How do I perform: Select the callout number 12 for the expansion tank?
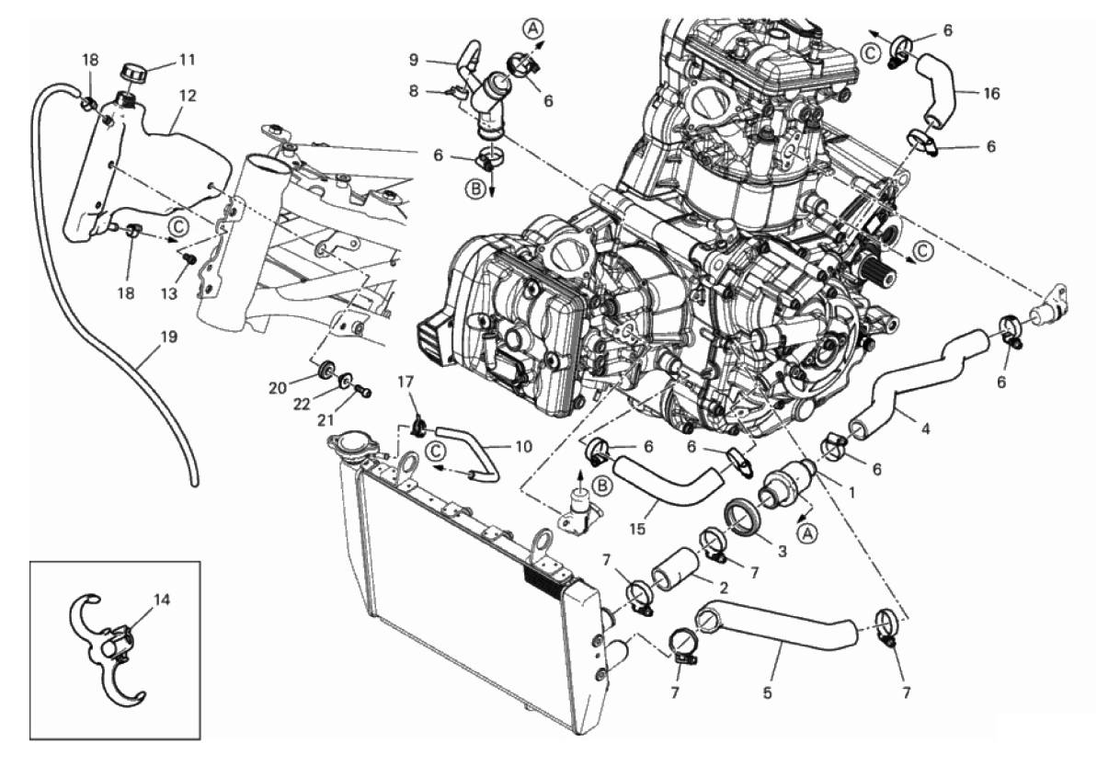point(187,96)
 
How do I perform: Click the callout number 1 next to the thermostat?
point(851,491)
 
